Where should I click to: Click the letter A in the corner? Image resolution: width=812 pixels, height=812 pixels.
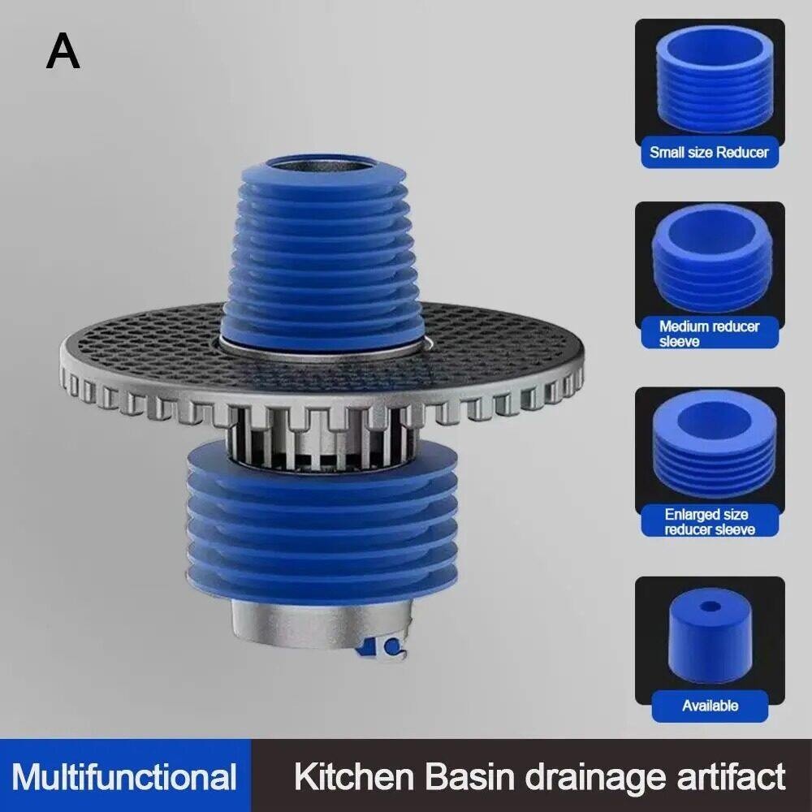[x=63, y=50]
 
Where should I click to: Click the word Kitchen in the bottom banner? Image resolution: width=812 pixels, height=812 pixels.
[x=355, y=776]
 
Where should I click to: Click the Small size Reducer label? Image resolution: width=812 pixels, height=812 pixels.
[x=709, y=153]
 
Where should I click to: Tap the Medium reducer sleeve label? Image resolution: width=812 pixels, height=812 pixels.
[x=709, y=334]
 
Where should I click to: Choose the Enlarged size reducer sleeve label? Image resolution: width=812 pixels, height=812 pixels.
[x=709, y=521]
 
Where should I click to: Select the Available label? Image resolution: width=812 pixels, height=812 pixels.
[x=710, y=706]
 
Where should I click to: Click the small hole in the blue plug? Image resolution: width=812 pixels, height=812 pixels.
[x=709, y=606]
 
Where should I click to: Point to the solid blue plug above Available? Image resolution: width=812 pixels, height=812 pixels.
[x=710, y=635]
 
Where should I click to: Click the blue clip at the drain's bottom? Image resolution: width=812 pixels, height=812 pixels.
[x=382, y=647]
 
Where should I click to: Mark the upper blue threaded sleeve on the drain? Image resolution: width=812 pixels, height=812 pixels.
[x=317, y=253]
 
